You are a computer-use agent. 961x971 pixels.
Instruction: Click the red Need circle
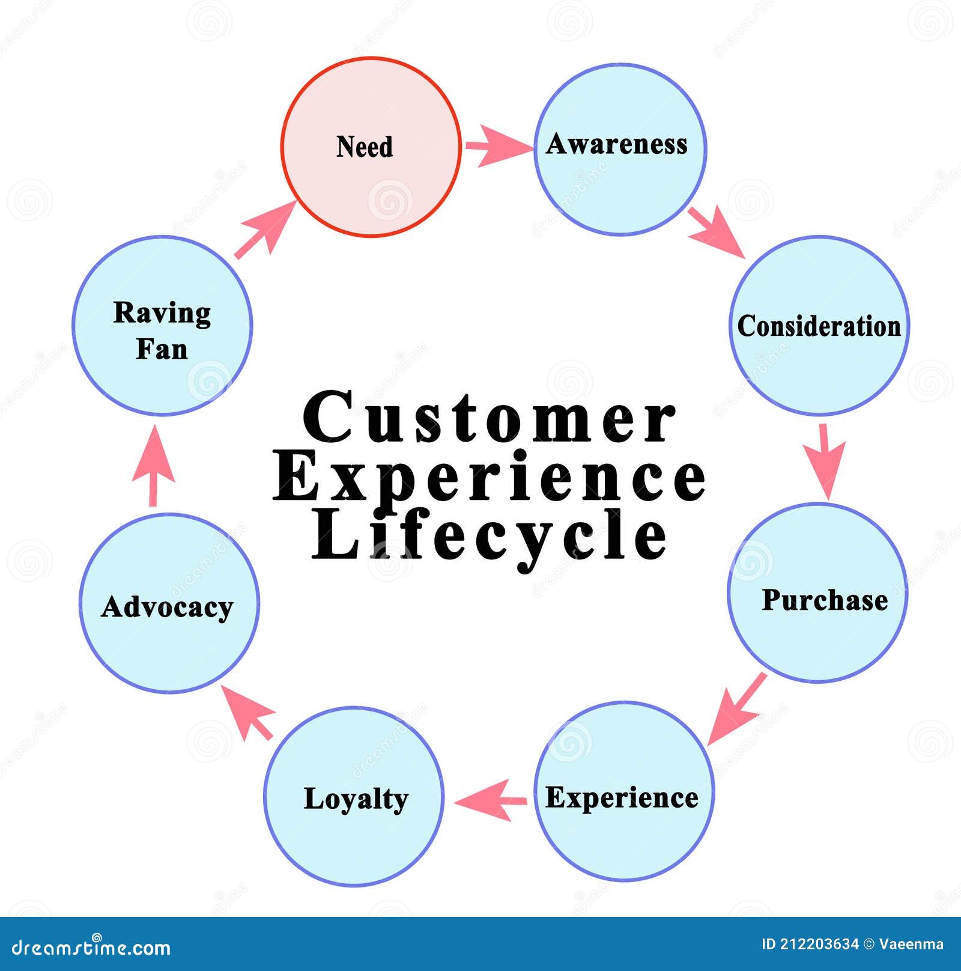pos(371,180)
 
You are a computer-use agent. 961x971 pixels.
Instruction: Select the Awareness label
pos(617,144)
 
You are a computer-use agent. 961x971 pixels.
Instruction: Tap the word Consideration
pos(819,326)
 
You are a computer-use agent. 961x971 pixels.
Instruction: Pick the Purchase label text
pos(824,600)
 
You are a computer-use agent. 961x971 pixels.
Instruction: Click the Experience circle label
pos(622,797)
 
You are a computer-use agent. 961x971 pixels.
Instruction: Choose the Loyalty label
pos(356,799)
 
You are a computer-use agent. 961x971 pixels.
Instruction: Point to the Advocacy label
pos(167,607)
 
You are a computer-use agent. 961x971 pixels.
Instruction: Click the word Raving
pos(162,313)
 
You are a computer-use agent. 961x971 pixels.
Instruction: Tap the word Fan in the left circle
pos(162,349)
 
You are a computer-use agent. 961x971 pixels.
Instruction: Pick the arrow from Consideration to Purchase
pos(826,460)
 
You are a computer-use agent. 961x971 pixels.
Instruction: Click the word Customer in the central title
pos(490,418)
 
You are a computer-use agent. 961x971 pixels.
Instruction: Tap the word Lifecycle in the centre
pos(490,535)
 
